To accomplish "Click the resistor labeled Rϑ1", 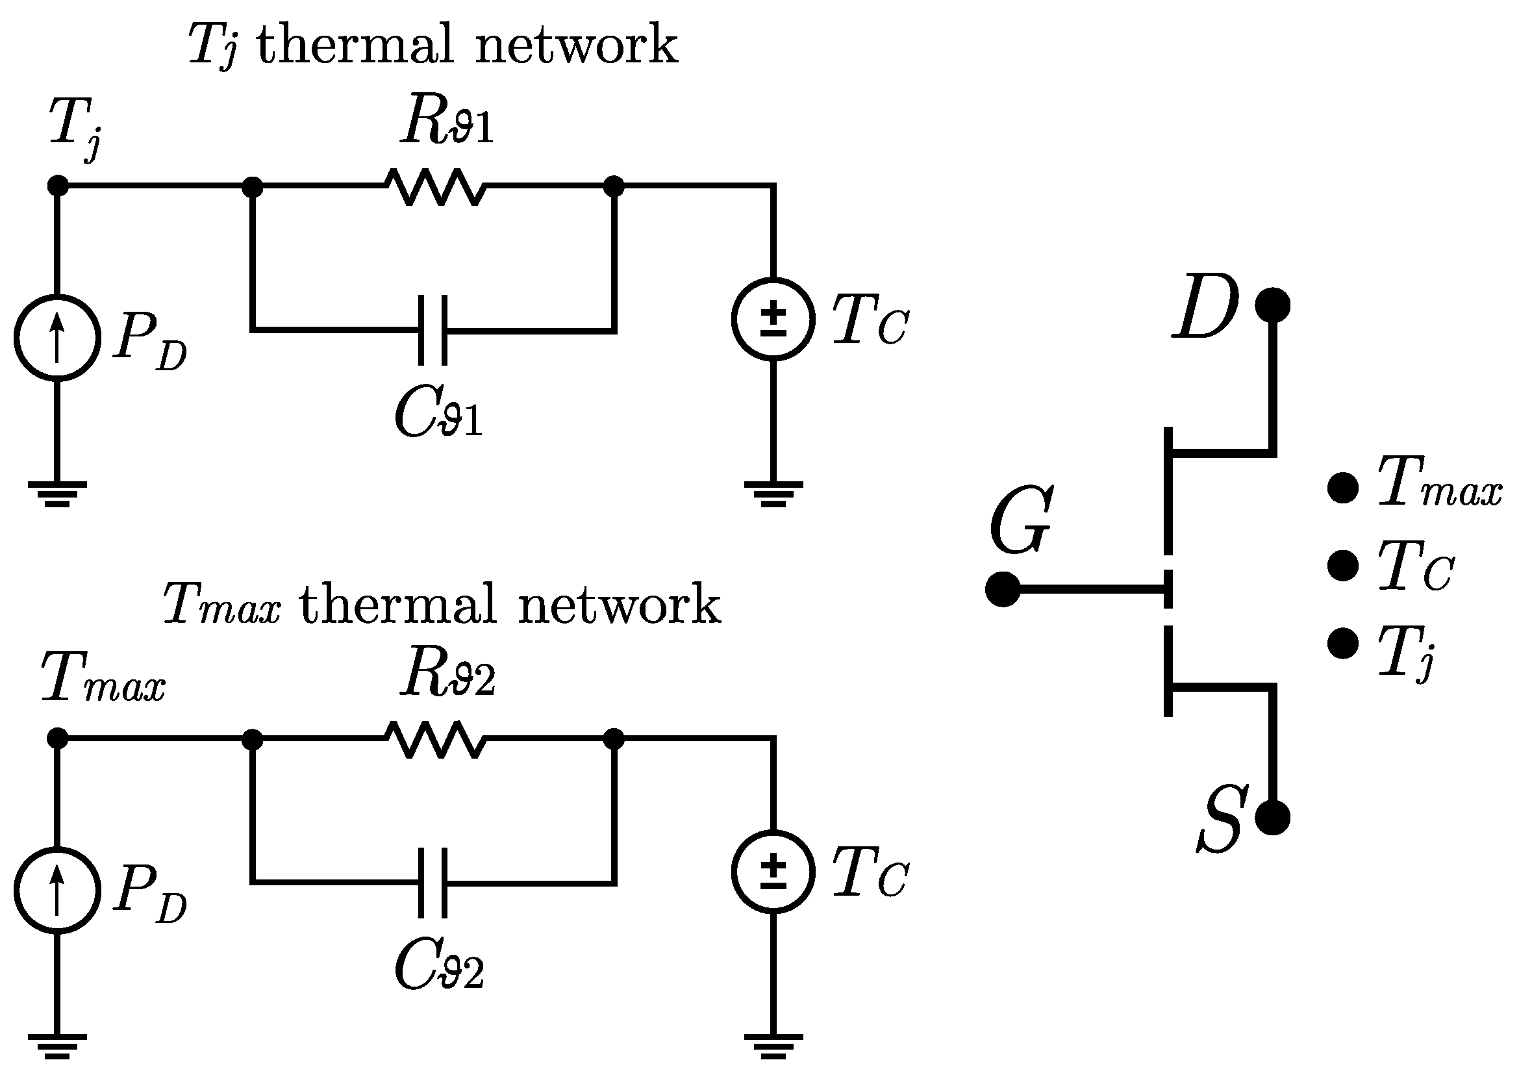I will pyautogui.click(x=435, y=187).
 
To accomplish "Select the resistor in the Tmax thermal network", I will pyautogui.click(x=435, y=740).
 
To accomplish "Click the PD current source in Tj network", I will pyautogui.click(x=58, y=337).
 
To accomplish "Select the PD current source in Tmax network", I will pyautogui.click(x=58, y=890).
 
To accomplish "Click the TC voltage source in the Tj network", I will pyautogui.click(x=773, y=320).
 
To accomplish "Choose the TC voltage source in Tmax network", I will pyautogui.click(x=773, y=872).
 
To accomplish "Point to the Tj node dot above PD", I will pyautogui.click(x=58, y=186).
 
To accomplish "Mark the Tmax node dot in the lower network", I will pyautogui.click(x=58, y=738).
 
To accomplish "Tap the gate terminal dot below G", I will pyautogui.click(x=1002, y=588).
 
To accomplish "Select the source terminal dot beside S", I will pyautogui.click(x=1272, y=818).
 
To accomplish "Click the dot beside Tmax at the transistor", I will pyautogui.click(x=1343, y=488).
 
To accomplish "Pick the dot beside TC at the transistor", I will pyautogui.click(x=1343, y=566).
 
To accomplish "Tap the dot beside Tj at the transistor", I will pyautogui.click(x=1343, y=643).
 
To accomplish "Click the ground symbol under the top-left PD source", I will pyautogui.click(x=58, y=494).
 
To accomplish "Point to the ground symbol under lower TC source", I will pyautogui.click(x=773, y=1046).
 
